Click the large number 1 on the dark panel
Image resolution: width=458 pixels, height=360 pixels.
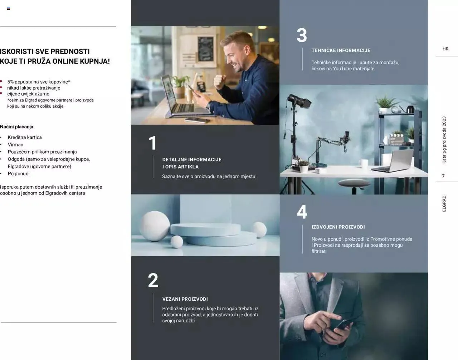[153, 143]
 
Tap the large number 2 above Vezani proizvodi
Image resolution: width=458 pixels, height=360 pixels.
[153, 280]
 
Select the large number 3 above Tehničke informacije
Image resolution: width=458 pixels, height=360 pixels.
[302, 35]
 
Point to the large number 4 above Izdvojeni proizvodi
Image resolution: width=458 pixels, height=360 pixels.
[302, 212]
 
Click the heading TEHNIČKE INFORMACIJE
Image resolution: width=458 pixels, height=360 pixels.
[341, 50]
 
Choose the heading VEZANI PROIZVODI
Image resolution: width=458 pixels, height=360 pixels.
[185, 299]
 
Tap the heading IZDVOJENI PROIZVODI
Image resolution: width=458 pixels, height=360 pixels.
[338, 227]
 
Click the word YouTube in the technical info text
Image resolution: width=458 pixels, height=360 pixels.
[343, 69]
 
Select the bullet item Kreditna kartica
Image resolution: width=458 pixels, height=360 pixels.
[25, 137]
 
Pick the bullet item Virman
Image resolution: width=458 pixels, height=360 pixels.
[15, 144]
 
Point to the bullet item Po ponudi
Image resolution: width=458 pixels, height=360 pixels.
[19, 173]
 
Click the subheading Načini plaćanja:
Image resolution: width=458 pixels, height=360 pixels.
[17, 127]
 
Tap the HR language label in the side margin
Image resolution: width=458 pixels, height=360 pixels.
[445, 49]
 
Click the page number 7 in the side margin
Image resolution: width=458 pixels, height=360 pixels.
[443, 176]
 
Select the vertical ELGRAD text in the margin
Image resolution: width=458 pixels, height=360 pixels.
[444, 203]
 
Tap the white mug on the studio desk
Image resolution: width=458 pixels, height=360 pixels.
[364, 164]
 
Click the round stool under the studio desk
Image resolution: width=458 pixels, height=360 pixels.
[354, 183]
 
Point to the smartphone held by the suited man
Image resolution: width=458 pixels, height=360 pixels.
[343, 325]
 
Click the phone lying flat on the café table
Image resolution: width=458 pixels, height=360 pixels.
[198, 120]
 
